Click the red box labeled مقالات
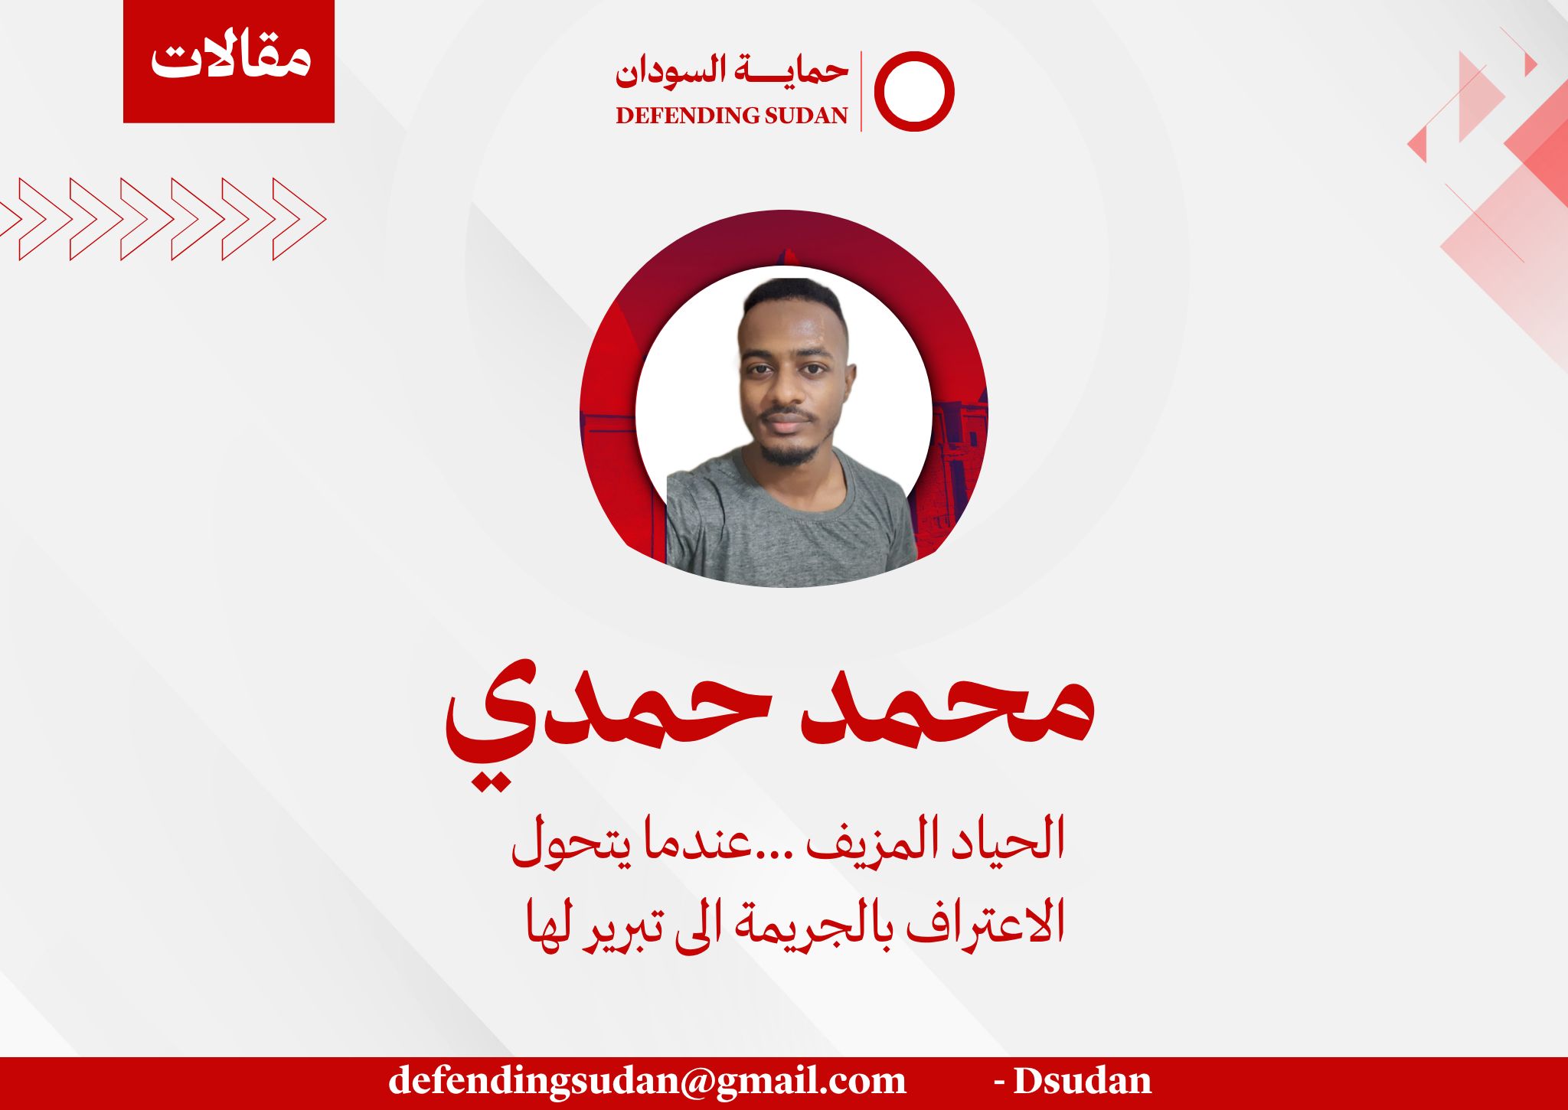[x=229, y=61]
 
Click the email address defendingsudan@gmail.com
[x=647, y=1080]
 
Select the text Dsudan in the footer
[x=1083, y=1080]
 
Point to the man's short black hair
[x=793, y=299]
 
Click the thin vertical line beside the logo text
[x=861, y=91]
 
